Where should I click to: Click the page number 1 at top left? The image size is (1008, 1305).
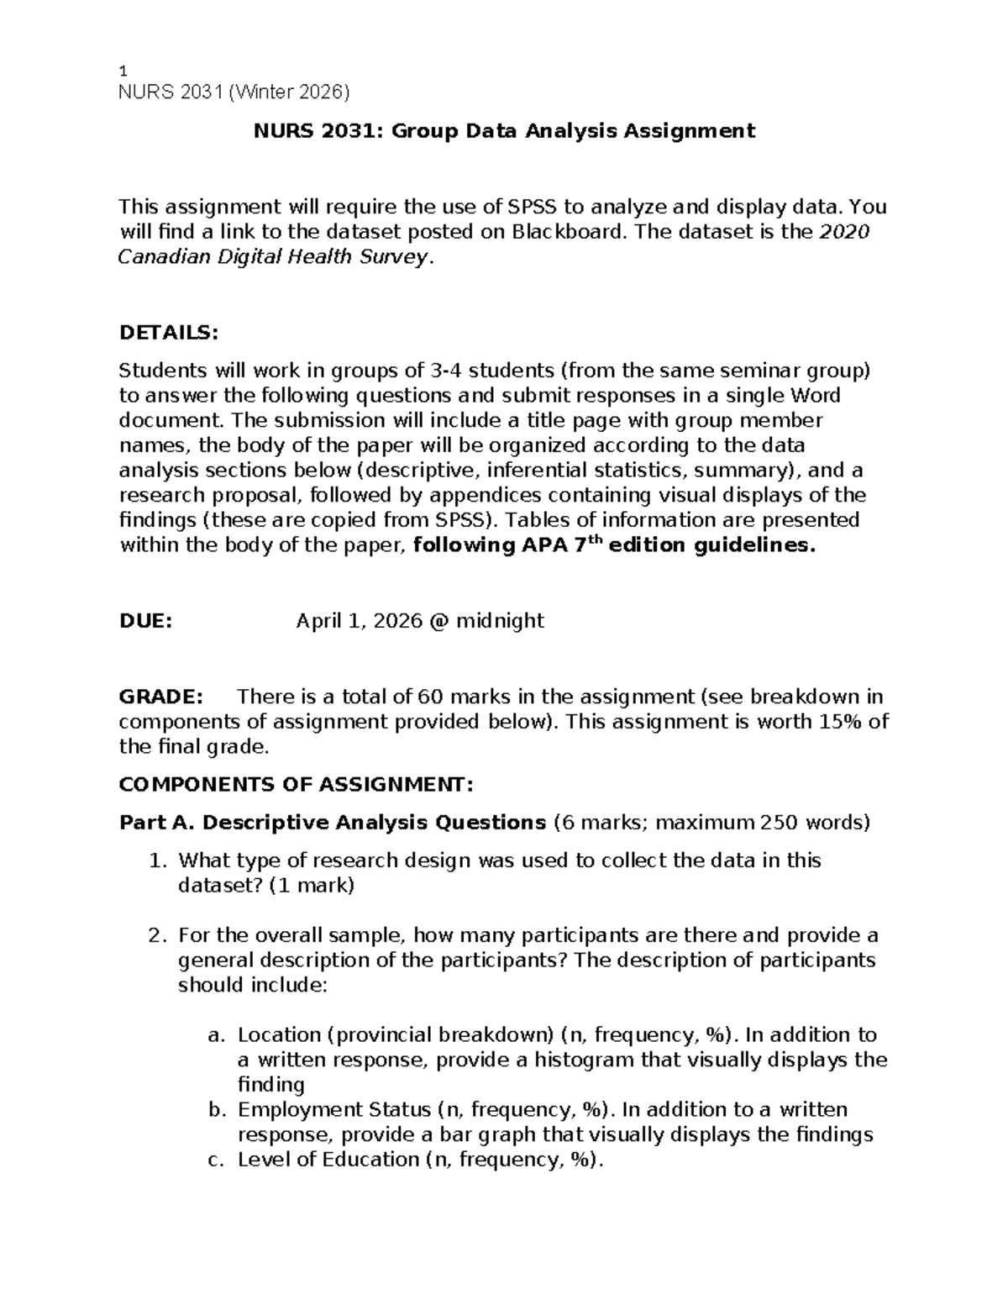(123, 72)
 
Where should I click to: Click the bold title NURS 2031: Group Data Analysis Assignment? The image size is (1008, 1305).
(505, 131)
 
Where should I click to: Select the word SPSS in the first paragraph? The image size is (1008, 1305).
(534, 207)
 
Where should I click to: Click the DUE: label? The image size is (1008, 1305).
(145, 621)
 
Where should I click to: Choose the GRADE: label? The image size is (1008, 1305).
(160, 697)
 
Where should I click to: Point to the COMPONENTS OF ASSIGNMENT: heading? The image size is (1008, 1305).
(297, 785)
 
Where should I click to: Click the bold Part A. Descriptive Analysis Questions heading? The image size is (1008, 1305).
(333, 822)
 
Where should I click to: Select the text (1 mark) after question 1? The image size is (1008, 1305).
(312, 886)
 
